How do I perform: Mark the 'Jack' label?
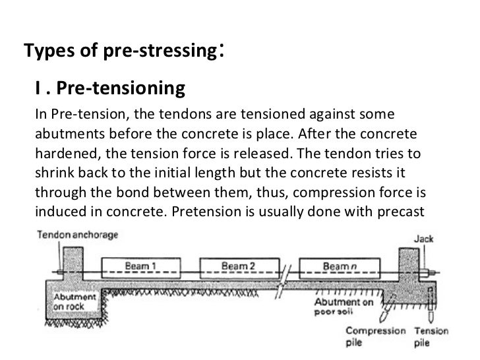pyautogui.click(x=424, y=239)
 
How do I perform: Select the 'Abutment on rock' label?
pyautogui.click(x=75, y=303)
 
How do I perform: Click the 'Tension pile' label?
pyautogui.click(x=431, y=337)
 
